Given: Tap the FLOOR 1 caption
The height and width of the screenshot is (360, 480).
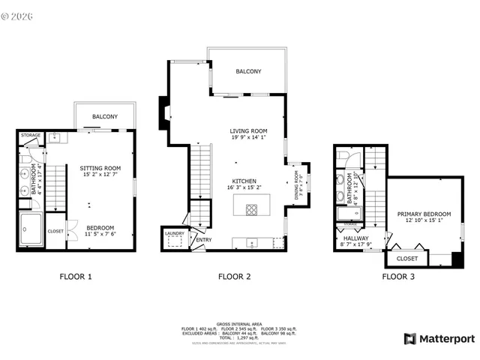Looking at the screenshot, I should coord(76,277).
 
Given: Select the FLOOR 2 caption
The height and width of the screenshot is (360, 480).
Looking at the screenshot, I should coord(235,277).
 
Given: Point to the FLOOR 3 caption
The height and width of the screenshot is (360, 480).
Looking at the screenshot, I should coord(398,277).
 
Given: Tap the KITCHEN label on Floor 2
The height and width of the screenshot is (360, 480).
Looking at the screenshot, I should coord(244,181).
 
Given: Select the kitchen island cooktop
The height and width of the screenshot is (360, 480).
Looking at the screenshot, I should coord(249,208).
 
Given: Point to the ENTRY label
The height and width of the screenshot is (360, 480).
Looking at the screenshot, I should coord(203,240).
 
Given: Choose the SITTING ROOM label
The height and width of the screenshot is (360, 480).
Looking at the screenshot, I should coord(100,168).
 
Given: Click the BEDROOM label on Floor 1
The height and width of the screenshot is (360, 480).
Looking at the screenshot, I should coord(100,227).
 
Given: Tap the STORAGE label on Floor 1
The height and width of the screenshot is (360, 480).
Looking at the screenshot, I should coord(31,136).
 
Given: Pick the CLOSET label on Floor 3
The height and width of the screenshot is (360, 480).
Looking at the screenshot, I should coord(407,259).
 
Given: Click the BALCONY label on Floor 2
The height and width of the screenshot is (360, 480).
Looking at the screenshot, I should coord(248,71).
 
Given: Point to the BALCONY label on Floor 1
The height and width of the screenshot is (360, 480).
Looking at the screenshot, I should coord(105,117).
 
